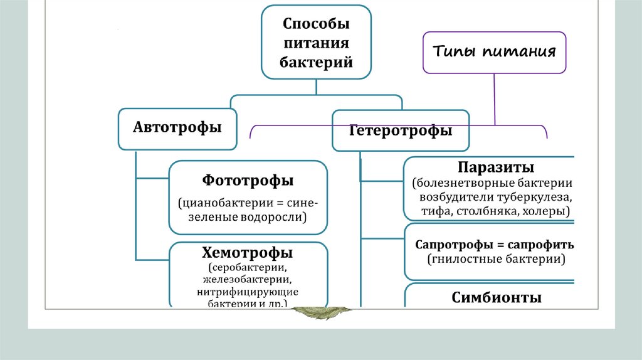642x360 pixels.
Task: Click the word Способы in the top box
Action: pyautogui.click(x=316, y=24)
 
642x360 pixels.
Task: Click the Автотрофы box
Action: pyautogui.click(x=177, y=127)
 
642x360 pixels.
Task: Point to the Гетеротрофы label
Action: pyautogui.click(x=401, y=131)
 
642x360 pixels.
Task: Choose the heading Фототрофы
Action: pyautogui.click(x=248, y=181)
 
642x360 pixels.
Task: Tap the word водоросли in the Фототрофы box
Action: pyautogui.click(x=273, y=218)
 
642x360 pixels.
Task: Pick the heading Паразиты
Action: pyautogui.click(x=495, y=168)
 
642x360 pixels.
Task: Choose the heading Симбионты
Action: pyautogui.click(x=496, y=298)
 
